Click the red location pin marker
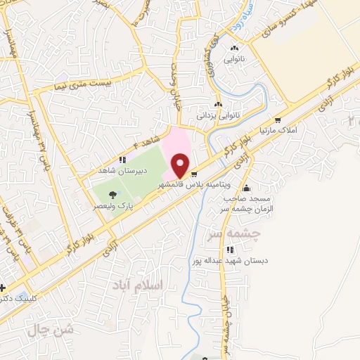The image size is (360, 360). pyautogui.click(x=180, y=165)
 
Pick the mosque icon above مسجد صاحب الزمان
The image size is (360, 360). pyautogui.click(x=246, y=188)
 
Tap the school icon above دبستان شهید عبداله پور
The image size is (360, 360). pyautogui.click(x=230, y=250)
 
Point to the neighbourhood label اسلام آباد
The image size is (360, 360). pyautogui.click(x=136, y=285)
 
